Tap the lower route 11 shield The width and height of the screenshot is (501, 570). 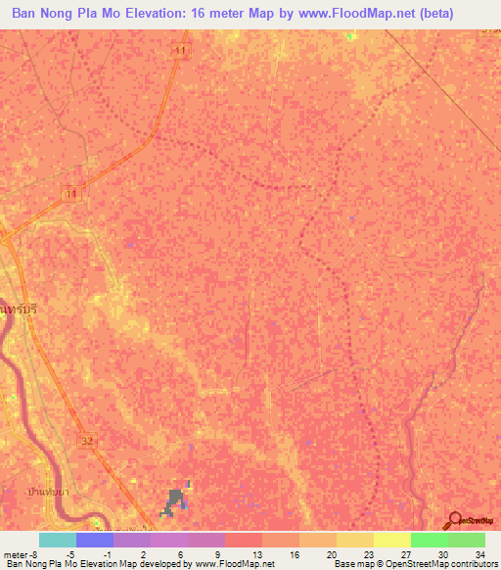pos(69,195)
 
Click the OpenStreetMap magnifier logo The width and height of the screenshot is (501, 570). pos(454,521)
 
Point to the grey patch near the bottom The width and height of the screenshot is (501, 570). pos(175,501)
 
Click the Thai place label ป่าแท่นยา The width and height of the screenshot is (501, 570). pos(47,486)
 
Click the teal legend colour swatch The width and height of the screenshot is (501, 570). pos(58,540)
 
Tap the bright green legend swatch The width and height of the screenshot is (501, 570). pos(430,540)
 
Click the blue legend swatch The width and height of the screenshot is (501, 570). pos(95,540)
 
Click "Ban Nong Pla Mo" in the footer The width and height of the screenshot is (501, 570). pos(41,564)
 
